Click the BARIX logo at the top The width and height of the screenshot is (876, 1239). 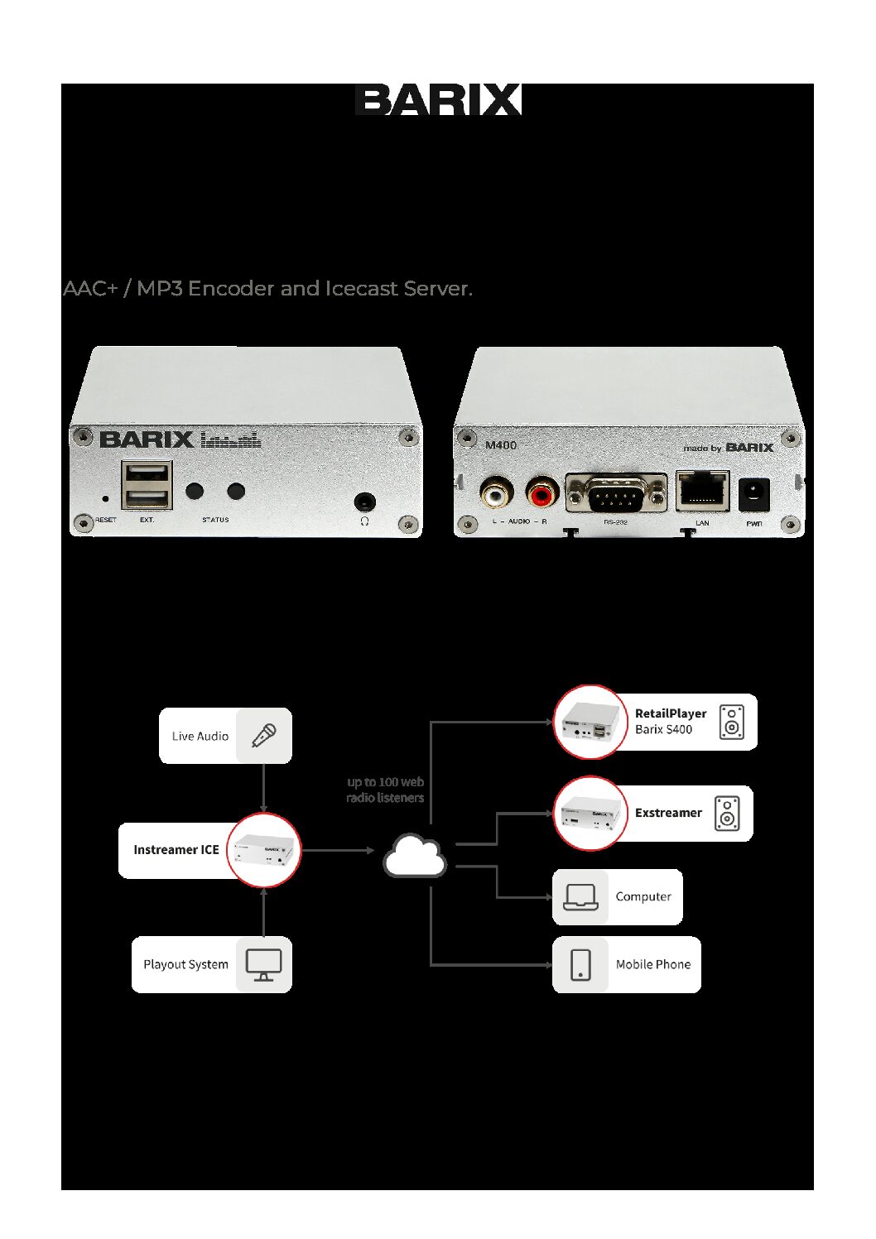click(438, 99)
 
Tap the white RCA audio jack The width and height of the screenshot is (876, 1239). click(496, 495)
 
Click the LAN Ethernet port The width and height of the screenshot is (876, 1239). click(702, 491)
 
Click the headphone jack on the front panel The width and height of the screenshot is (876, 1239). click(364, 502)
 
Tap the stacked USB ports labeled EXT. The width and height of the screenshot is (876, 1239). click(147, 485)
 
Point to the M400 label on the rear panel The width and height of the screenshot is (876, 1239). click(500, 445)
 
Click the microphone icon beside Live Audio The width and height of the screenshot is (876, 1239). click(263, 735)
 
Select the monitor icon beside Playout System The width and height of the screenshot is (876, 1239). click(263, 964)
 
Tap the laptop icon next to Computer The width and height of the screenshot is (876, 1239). click(580, 896)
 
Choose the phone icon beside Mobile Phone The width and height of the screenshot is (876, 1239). click(580, 964)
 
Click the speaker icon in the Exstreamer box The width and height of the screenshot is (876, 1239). click(726, 814)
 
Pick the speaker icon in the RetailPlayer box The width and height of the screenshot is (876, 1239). click(731, 722)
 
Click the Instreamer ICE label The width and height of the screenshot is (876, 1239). click(176, 850)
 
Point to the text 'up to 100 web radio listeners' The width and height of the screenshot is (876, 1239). click(385, 790)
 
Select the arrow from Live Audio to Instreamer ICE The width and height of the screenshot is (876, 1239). click(263, 788)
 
